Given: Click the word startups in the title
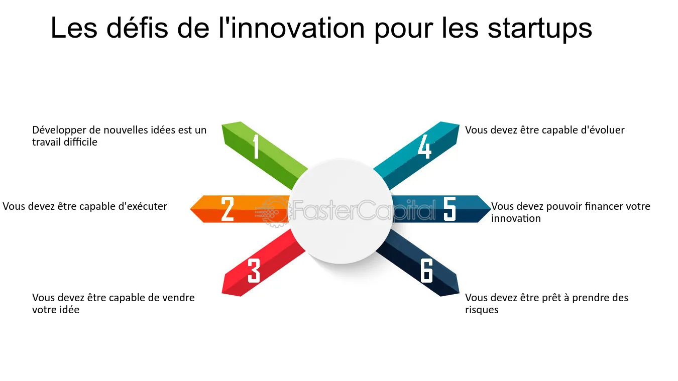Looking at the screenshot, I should click(x=539, y=29).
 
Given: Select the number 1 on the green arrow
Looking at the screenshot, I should click(x=256, y=147).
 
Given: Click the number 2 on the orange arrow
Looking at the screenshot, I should click(x=228, y=209).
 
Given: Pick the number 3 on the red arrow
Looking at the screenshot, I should click(x=254, y=271).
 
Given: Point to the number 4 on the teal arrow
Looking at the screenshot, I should click(x=424, y=147).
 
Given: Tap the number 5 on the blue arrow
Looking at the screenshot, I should click(x=449, y=209).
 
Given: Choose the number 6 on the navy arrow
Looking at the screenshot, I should click(x=426, y=271).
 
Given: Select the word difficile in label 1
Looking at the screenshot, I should click(x=80, y=142).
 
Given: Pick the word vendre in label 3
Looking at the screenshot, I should click(x=179, y=298).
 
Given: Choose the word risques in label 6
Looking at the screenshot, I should click(x=482, y=310).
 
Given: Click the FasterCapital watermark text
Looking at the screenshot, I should click(x=364, y=210).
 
